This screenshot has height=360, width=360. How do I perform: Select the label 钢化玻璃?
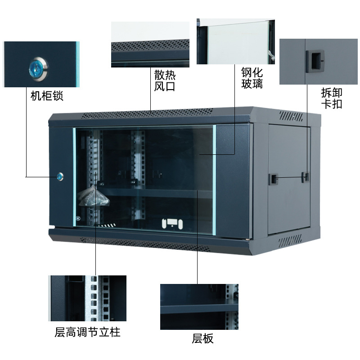[252, 78]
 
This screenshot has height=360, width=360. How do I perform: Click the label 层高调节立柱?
[88, 333]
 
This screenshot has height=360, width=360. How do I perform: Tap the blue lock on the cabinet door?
[60, 176]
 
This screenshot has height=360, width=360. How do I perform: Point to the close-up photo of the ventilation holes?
[150, 45]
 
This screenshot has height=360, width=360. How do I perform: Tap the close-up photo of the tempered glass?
[235, 41]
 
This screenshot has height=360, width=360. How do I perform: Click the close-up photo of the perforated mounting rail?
[87, 298]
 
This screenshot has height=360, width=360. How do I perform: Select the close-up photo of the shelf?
[199, 307]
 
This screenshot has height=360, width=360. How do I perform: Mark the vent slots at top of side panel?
[293, 116]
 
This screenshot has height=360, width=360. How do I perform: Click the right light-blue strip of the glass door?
[215, 180]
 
